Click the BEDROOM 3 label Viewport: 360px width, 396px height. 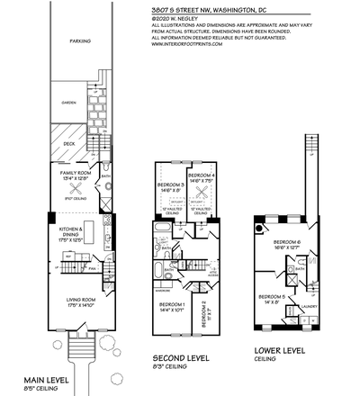tap(170, 186)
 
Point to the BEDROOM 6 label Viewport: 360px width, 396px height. tap(288, 244)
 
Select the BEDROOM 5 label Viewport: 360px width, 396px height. tap(273, 298)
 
